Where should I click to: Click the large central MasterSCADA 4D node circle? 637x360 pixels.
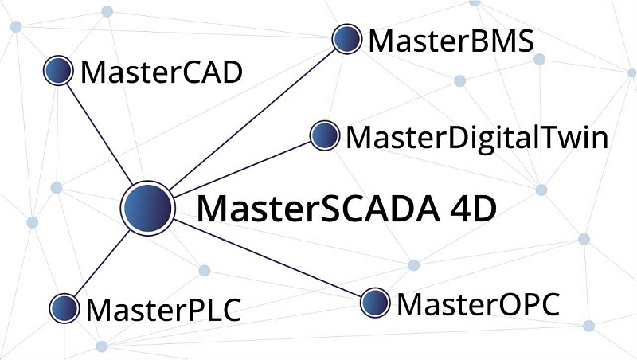pos(147,208)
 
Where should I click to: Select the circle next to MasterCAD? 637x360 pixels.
pos(57,72)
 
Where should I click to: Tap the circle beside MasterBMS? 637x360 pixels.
pos(346,38)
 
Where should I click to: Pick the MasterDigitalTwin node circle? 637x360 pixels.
pos(323,136)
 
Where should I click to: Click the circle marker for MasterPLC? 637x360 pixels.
pos(64,307)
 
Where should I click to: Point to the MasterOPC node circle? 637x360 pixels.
pos(375,303)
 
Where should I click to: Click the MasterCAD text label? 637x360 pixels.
pos(161,73)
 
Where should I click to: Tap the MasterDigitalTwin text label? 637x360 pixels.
pos(477,138)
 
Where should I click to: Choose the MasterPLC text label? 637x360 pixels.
pos(162,309)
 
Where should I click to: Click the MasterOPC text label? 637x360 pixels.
pos(478,303)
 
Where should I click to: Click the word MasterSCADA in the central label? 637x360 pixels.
pos(315,209)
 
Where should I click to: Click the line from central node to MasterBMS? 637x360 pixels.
pos(255,116)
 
